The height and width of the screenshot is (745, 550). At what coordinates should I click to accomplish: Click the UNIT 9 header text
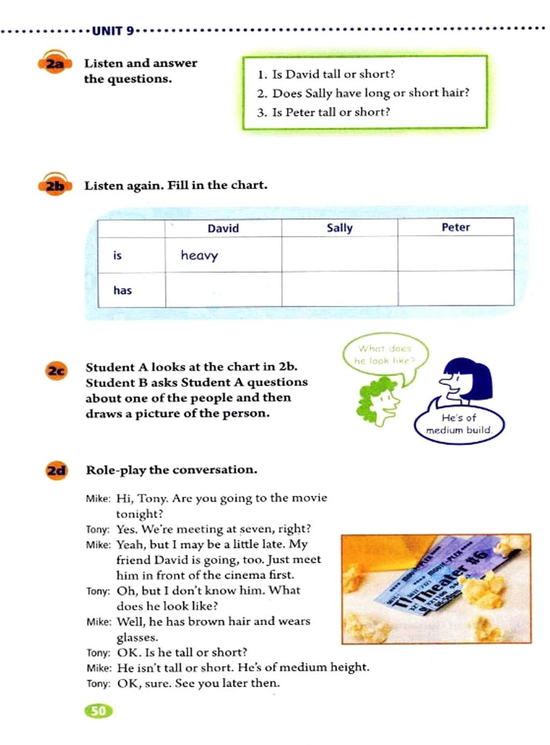pos(113,31)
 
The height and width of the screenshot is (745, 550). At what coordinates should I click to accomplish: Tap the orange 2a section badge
pos(55,64)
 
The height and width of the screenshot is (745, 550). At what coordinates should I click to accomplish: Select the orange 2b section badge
pos(55,186)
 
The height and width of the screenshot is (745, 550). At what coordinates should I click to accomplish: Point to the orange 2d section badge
pos(56,471)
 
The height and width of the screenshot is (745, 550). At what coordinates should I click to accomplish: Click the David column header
pos(223,228)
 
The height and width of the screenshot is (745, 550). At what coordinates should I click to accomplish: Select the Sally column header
pos(339,228)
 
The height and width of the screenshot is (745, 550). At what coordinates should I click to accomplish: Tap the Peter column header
pos(455,227)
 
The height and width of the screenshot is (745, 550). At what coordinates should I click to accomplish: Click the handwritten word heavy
pos(199,255)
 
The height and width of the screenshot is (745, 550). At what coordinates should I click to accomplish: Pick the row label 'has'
pos(122,290)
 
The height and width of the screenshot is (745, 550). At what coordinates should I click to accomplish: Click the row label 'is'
pos(117,255)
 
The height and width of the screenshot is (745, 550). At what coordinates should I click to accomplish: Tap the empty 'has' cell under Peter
pos(455,289)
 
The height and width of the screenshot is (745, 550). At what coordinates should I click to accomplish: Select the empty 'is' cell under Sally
pos(339,254)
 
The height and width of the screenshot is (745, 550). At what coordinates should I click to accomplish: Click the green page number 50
pos(99,711)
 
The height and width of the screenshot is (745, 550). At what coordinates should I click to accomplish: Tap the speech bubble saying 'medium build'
pos(459,424)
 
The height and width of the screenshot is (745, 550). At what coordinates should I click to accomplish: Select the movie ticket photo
pos(436,589)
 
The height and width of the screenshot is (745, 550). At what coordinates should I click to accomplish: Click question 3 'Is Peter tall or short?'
pos(331,112)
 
